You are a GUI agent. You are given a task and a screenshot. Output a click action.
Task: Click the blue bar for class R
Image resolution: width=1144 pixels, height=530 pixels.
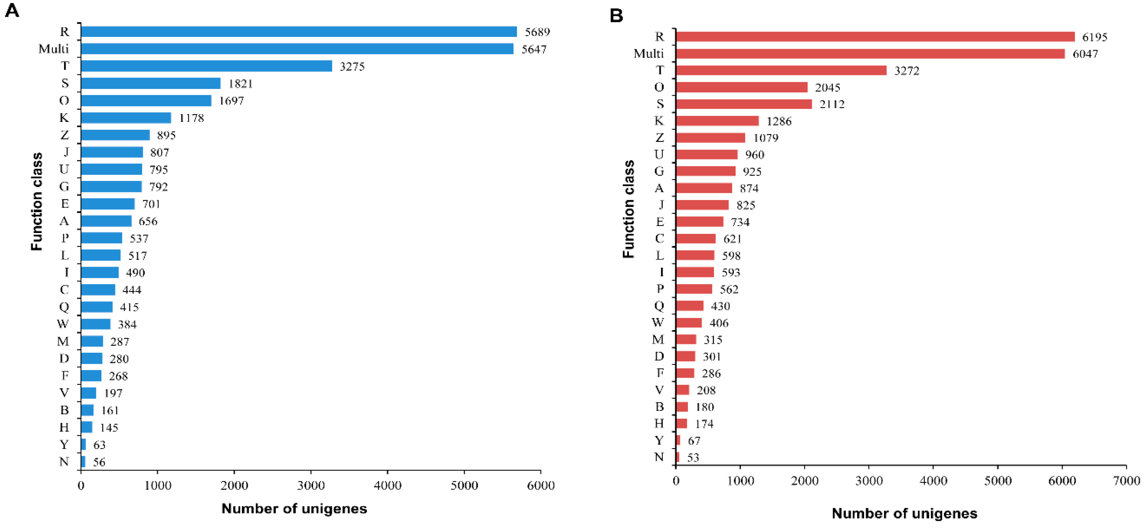(x=299, y=32)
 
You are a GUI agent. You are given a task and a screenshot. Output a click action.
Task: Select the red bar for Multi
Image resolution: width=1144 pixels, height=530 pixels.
(x=870, y=54)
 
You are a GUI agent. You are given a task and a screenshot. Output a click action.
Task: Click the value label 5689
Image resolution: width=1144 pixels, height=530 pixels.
(x=537, y=32)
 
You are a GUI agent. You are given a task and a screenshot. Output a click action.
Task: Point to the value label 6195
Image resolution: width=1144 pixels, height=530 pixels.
(x=1095, y=37)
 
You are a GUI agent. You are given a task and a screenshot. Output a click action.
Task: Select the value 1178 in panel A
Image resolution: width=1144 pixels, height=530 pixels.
(x=191, y=118)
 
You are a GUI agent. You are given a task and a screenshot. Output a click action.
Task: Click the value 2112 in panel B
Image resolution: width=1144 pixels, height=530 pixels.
(x=832, y=104)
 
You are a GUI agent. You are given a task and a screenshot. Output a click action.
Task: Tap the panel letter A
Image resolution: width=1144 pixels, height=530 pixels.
(x=12, y=10)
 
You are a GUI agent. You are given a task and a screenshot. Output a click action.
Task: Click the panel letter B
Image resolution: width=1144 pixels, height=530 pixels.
(x=616, y=16)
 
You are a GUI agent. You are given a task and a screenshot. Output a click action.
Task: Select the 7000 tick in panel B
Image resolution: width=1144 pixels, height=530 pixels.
(x=1127, y=481)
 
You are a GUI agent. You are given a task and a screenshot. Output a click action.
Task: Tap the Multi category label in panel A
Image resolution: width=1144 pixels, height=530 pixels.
(x=54, y=49)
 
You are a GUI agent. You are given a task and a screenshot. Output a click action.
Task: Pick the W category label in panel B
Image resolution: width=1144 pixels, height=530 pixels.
(x=658, y=323)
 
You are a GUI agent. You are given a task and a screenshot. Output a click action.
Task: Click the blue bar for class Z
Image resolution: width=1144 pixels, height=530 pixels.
(x=115, y=135)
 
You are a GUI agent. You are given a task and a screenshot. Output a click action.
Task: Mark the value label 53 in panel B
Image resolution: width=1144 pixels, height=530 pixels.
(x=693, y=458)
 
